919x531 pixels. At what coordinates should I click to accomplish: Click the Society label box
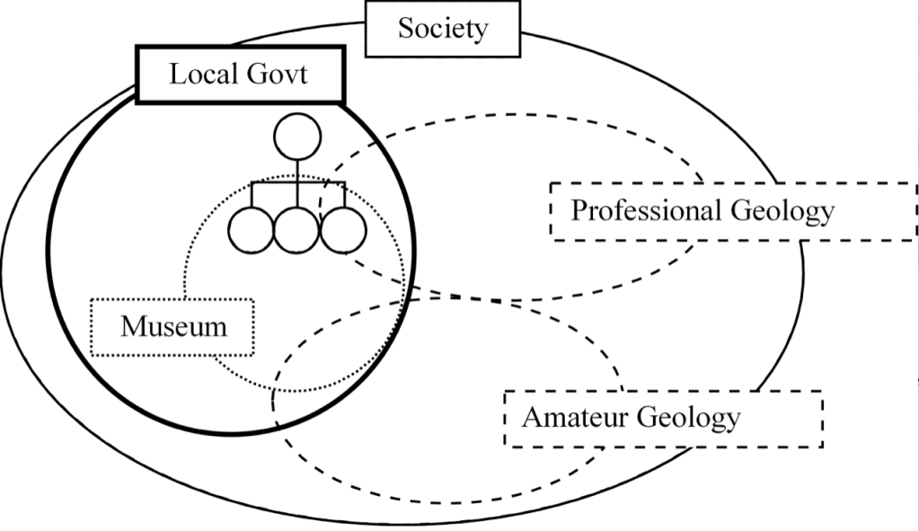tap(443, 28)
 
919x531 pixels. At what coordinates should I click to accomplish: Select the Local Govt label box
tap(239, 74)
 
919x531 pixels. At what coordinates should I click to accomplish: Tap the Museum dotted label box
tap(173, 326)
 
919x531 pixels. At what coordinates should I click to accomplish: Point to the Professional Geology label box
tap(703, 211)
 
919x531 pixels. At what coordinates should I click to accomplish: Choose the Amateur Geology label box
tap(663, 418)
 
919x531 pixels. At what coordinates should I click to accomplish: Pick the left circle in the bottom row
tap(252, 230)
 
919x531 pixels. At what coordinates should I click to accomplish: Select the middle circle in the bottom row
tap(296, 230)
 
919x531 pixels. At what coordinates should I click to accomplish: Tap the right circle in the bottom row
tap(342, 230)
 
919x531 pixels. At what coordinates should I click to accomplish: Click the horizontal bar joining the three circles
tap(296, 184)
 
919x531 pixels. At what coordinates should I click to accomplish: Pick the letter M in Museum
tap(133, 326)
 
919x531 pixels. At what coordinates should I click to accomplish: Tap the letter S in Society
tap(407, 28)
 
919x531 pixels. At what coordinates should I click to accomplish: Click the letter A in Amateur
tap(532, 418)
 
